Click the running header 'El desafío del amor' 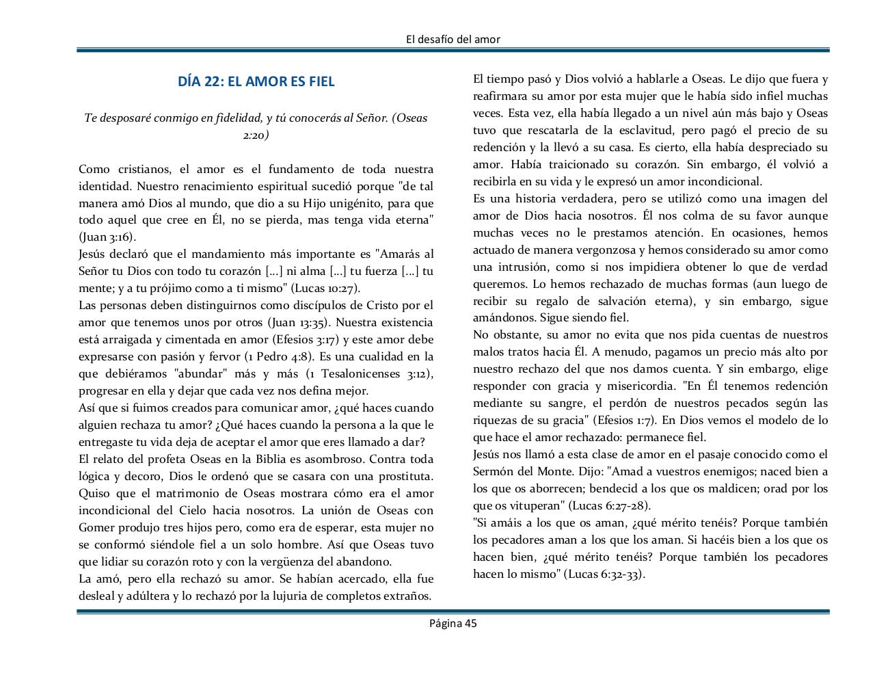453,39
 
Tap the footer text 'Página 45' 453,622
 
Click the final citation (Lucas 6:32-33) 604,574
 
